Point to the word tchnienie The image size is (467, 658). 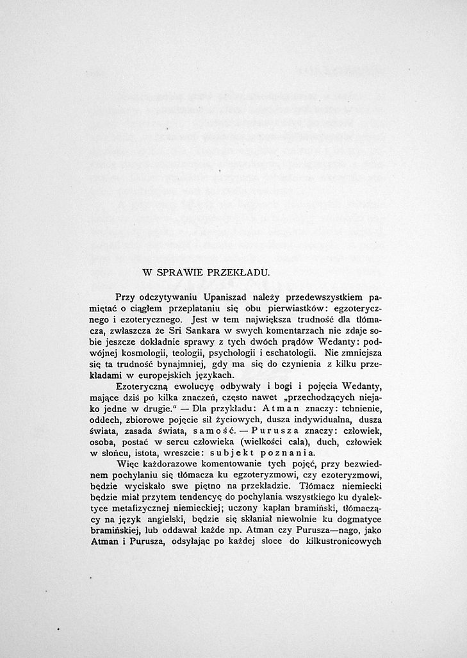pyautogui.click(x=356, y=409)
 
